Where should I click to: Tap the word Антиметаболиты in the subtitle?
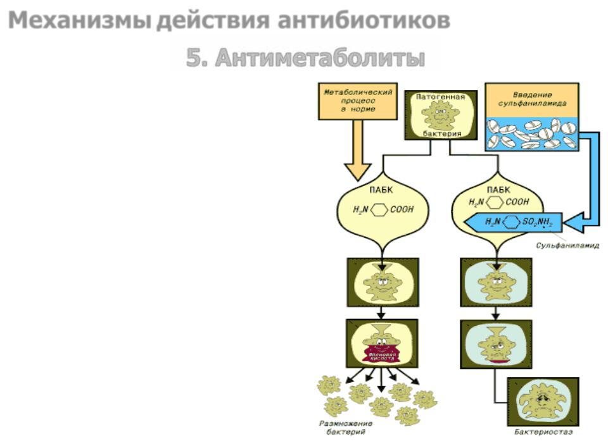click(x=319, y=58)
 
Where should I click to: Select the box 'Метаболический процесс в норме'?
click(x=358, y=101)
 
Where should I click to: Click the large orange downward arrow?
click(x=358, y=155)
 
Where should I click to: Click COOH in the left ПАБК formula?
click(x=400, y=208)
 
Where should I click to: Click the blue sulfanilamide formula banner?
click(x=513, y=222)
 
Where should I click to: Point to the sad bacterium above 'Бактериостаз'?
click(x=543, y=401)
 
